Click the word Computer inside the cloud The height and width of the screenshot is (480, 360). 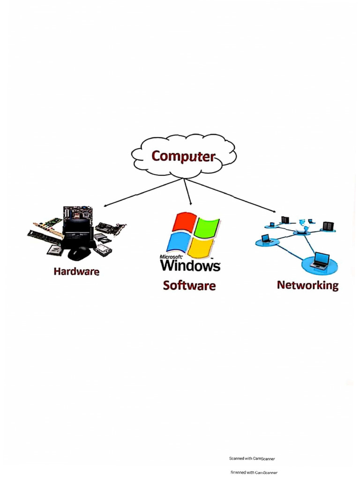[183, 156]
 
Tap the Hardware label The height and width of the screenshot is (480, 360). [76, 271]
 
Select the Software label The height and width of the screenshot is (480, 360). [189, 285]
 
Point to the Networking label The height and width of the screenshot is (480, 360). [307, 285]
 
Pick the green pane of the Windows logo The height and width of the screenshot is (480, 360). [207, 227]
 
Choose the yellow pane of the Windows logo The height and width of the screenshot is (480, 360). [202, 247]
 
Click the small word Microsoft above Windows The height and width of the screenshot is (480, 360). [171, 257]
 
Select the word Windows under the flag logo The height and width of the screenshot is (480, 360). [190, 265]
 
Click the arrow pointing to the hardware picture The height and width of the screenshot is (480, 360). [141, 192]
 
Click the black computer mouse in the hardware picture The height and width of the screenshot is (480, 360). [80, 253]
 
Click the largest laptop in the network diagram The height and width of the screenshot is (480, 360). [320, 261]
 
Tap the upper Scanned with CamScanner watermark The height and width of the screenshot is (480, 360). [252, 458]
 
